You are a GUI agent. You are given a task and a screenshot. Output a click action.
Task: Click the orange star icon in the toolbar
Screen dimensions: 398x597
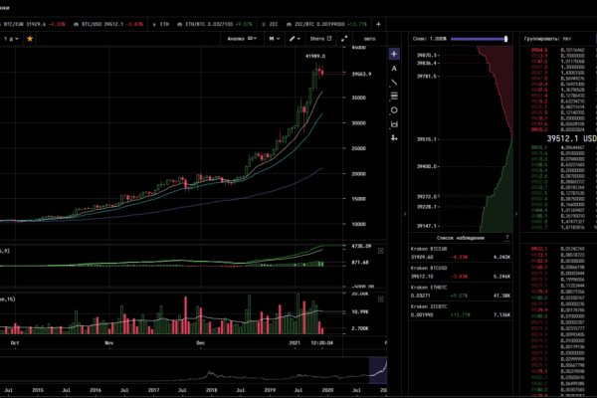[30, 38]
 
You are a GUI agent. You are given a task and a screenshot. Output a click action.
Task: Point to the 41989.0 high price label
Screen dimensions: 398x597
[315, 58]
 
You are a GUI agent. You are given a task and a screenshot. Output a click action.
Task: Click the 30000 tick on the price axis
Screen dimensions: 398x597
[358, 123]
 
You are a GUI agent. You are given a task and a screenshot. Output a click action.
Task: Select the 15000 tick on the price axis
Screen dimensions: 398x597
[358, 199]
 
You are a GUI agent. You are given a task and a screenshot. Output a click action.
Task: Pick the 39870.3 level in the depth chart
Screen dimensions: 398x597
[430, 55]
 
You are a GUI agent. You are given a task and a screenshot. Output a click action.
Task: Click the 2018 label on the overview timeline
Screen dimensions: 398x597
[184, 391]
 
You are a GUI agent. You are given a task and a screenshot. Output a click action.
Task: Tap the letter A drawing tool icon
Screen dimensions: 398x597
[395, 68]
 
